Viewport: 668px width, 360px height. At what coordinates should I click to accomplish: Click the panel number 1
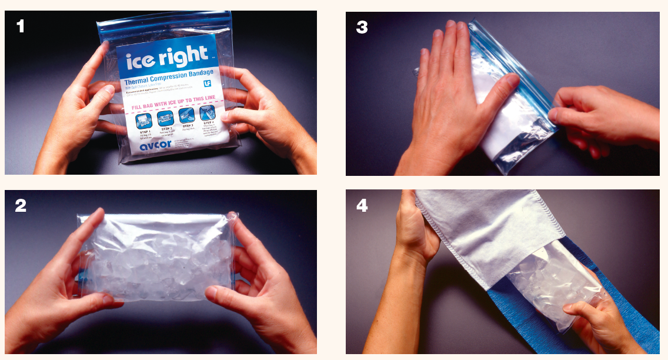(21, 26)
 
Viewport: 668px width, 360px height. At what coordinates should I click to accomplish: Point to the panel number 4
(362, 205)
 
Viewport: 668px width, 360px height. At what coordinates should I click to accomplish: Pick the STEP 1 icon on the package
(144, 120)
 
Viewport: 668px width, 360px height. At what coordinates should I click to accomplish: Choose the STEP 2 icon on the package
(166, 118)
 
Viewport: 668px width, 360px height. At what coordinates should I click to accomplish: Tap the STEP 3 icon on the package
(187, 115)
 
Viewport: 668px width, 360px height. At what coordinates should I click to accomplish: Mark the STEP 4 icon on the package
(207, 113)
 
